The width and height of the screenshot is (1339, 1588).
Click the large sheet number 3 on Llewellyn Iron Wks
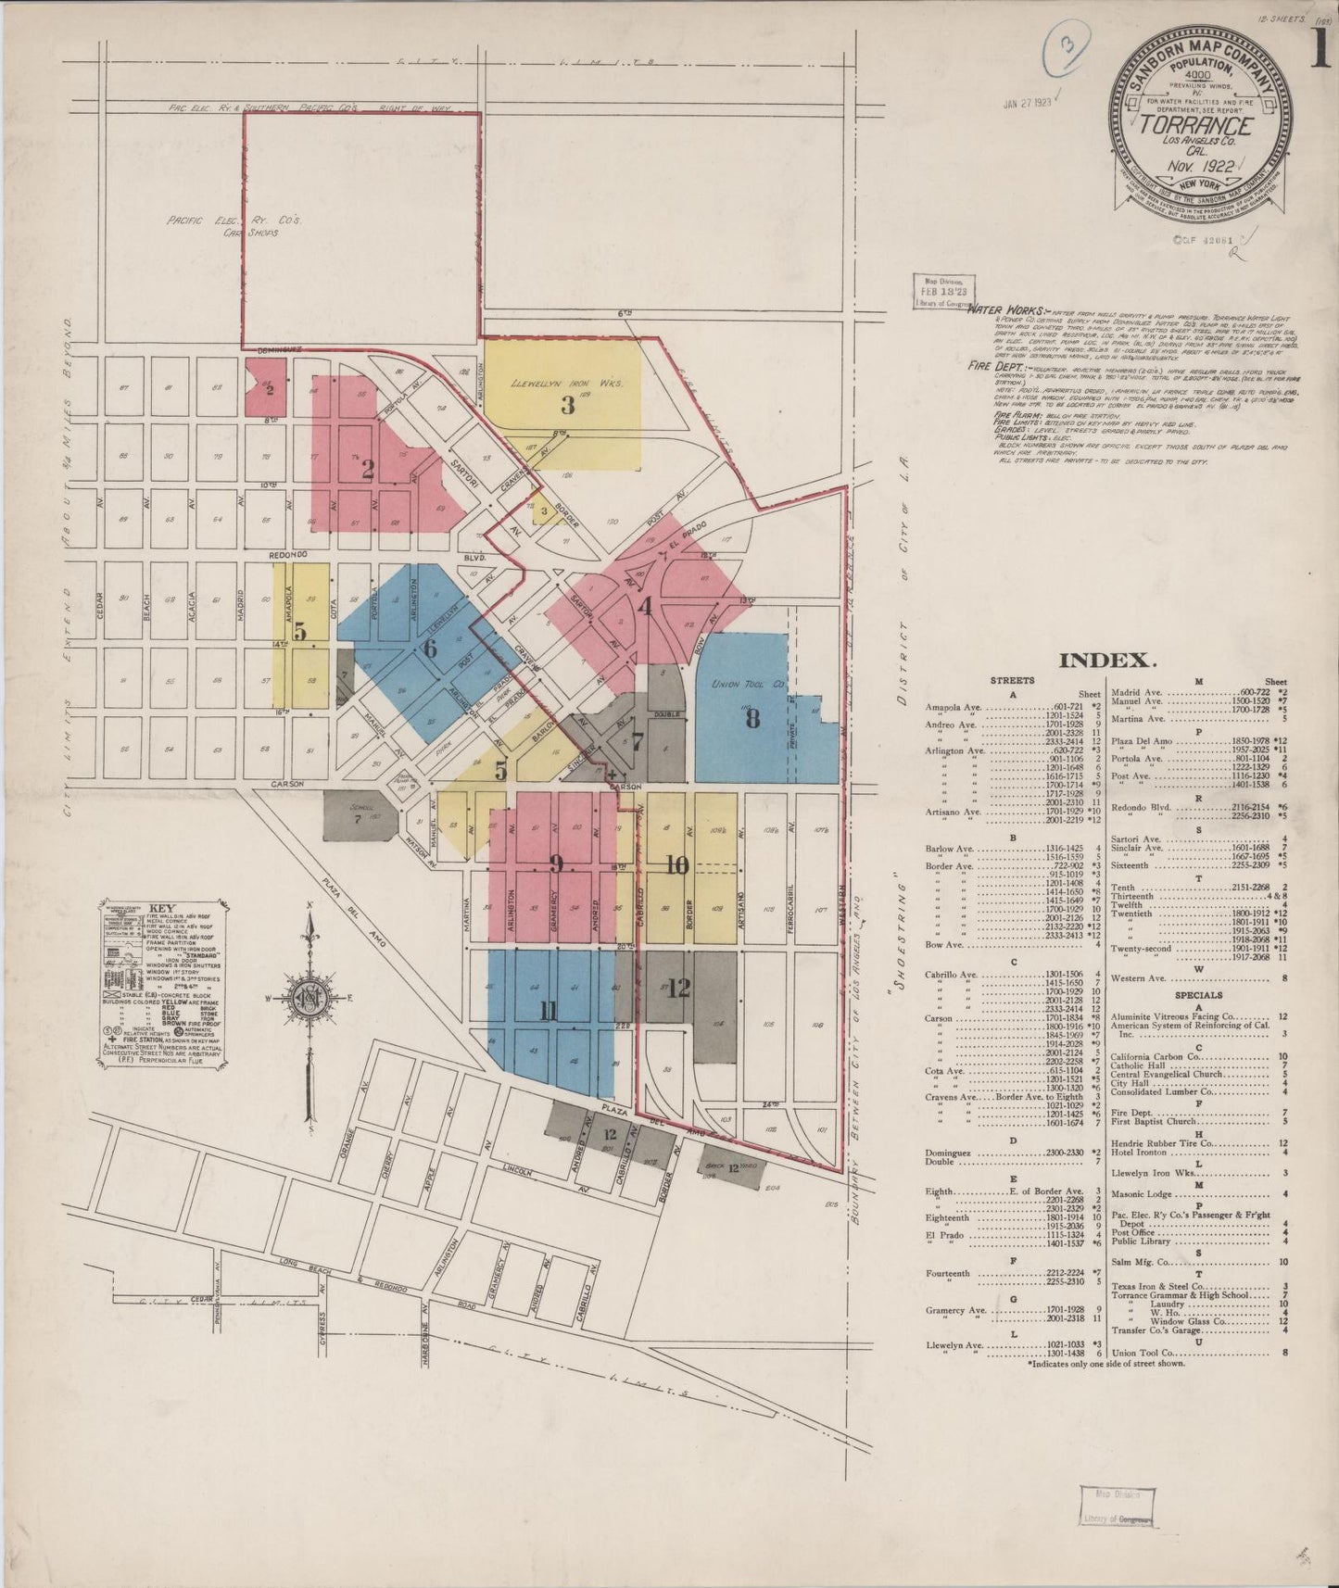(567, 405)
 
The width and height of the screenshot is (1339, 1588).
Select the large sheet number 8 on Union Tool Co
(752, 718)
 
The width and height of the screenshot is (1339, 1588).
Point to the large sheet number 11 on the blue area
(548, 1011)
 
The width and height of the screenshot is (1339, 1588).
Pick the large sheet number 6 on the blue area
(429, 649)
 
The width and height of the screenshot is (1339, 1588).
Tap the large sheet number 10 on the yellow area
(677, 864)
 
